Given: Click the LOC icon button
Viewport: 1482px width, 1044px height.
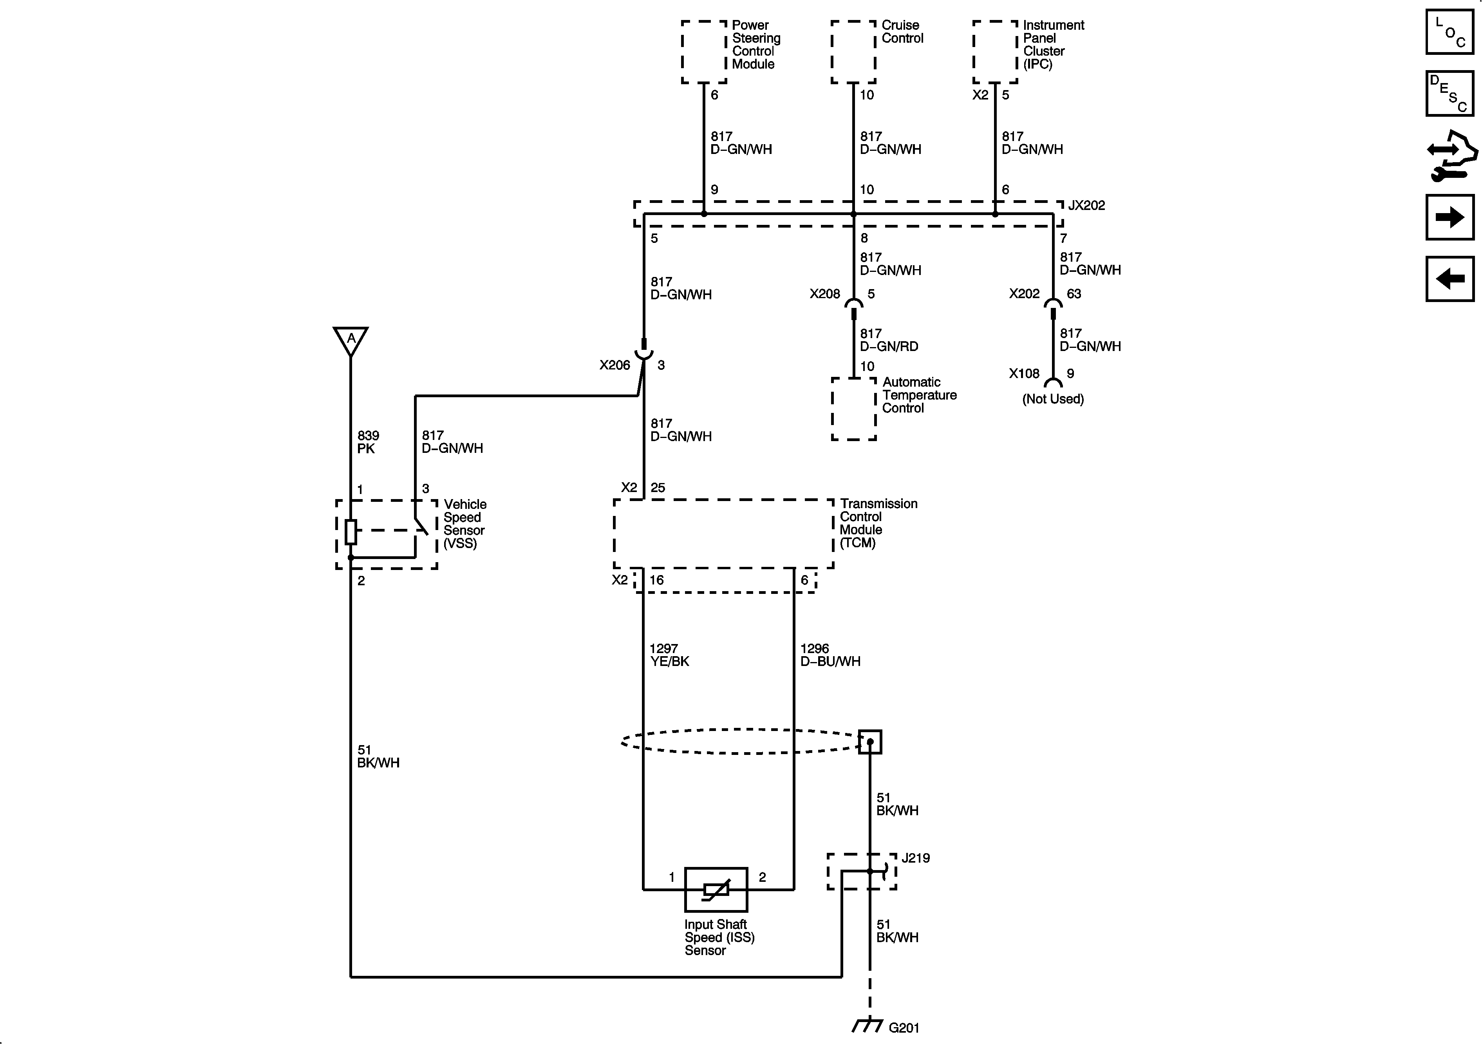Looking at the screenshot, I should point(1450,32).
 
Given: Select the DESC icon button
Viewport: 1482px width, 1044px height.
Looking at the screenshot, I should point(1450,94).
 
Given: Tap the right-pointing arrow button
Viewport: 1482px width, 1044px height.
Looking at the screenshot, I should point(1450,217).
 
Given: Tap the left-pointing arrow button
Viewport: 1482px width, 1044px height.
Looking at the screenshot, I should point(1450,279).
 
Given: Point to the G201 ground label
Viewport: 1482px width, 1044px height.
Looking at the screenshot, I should point(904,1027).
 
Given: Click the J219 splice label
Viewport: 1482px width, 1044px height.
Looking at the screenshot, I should point(915,858).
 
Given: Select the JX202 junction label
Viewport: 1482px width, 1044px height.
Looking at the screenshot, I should point(1086,205).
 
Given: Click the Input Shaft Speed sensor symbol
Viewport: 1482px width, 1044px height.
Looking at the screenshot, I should point(716,890).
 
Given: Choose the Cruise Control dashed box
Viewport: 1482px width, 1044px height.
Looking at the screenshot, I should point(853,52).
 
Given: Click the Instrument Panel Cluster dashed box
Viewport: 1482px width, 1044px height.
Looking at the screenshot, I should point(995,52).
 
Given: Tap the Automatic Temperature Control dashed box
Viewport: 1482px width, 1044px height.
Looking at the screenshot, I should point(853,409).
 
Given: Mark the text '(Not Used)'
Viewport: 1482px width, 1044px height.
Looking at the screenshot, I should point(1053,399).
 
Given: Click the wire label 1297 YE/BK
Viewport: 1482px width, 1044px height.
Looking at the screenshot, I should point(669,655).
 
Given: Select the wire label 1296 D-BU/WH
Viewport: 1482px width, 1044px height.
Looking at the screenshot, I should point(830,655).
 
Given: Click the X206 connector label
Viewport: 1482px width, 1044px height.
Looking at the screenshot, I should point(614,365).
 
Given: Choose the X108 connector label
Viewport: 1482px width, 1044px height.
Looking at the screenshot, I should point(1025,374).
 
